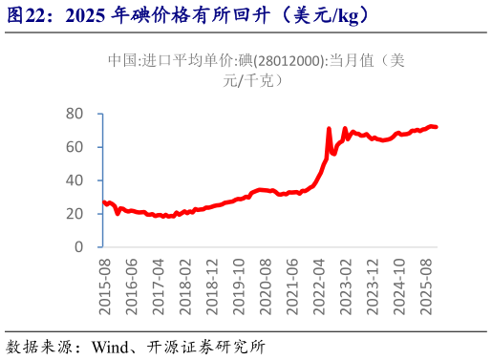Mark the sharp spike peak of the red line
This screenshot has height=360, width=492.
329,128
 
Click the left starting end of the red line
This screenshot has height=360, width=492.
103,201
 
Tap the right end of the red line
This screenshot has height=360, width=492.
437,127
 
